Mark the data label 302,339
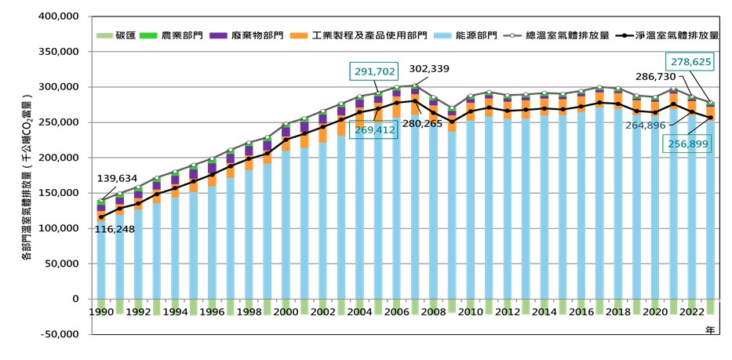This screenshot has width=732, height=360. coord(428,69)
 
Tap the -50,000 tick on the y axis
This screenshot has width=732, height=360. coord(58,334)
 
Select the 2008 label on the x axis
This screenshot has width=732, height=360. coord(433,312)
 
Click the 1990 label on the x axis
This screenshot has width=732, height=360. coord(100,312)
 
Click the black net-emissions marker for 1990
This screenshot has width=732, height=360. coord(100,217)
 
